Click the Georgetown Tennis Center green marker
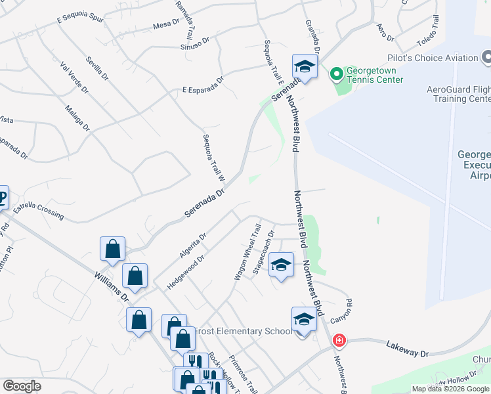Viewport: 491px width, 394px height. pyautogui.click(x=337, y=72)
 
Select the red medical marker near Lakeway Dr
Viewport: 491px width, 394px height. pyautogui.click(x=339, y=341)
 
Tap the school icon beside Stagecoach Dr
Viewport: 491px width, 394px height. pyautogui.click(x=281, y=265)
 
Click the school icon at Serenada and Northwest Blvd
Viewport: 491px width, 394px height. pyautogui.click(x=305, y=66)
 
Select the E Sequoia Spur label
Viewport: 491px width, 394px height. pyautogui.click(x=81, y=18)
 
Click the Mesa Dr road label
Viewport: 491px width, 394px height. pyautogui.click(x=165, y=26)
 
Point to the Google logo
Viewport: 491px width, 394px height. pyautogui.click(x=22, y=386)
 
